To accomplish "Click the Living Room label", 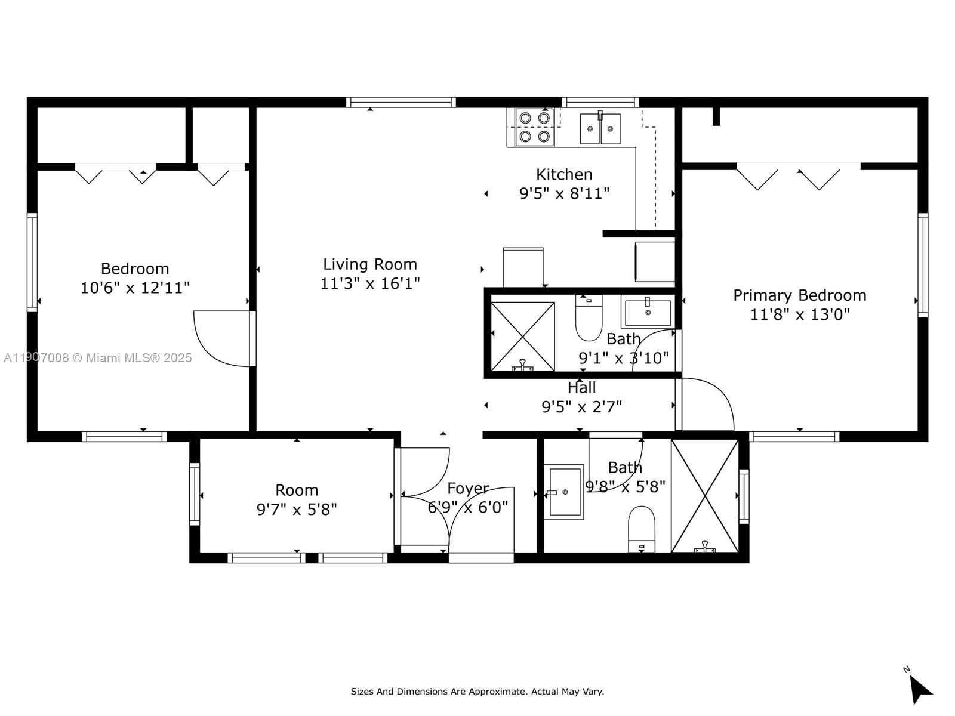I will [370, 264].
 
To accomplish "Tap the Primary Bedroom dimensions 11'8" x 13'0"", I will [799, 314].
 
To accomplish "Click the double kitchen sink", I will [600, 128].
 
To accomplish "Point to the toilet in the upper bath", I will [589, 319].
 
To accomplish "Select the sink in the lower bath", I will [563, 492].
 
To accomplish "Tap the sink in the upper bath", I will [647, 312].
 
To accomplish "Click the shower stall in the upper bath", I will [522, 337].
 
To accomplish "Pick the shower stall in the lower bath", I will [705, 496].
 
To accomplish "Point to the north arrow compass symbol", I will [919, 688].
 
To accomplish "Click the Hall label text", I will [581, 388].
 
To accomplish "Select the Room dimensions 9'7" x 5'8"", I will [297, 510].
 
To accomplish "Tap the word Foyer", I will [468, 489].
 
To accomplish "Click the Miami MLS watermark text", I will [98, 358].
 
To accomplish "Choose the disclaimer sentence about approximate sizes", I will [477, 692].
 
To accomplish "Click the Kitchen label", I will [564, 175].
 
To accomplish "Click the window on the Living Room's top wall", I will [401, 102].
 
